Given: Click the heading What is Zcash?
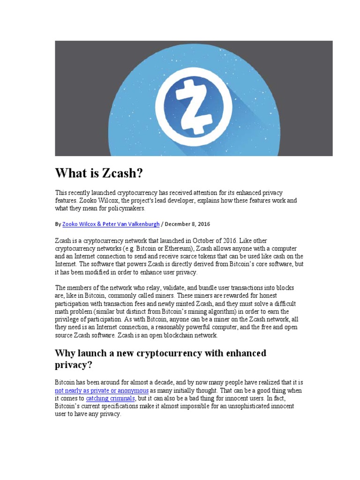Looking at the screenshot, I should [x=98, y=173].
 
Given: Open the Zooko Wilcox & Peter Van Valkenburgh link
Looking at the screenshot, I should [x=111, y=224].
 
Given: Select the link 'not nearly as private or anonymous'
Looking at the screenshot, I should [x=102, y=390].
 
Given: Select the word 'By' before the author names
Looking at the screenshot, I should [x=58, y=224].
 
